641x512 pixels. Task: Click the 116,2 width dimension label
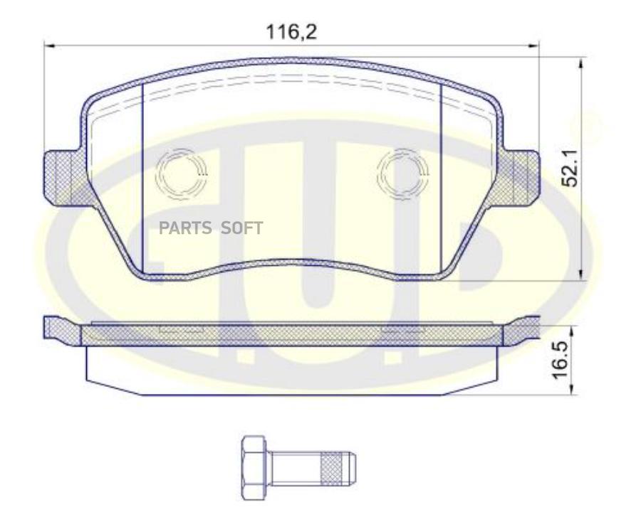[291, 32]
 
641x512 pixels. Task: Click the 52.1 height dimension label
[570, 169]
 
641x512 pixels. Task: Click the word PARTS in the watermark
[185, 228]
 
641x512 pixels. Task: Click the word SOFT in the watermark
[241, 228]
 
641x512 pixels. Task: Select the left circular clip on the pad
[181, 175]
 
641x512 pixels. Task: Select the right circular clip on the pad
[402, 175]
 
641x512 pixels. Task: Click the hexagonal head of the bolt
[254, 467]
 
